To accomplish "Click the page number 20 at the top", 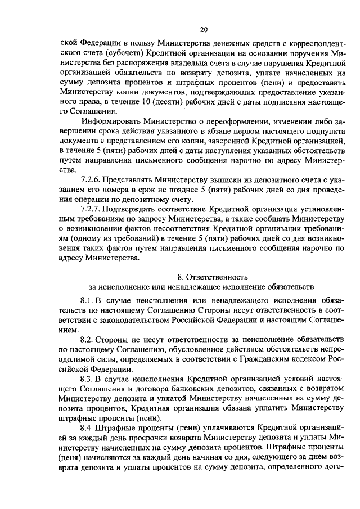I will point(203,29).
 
